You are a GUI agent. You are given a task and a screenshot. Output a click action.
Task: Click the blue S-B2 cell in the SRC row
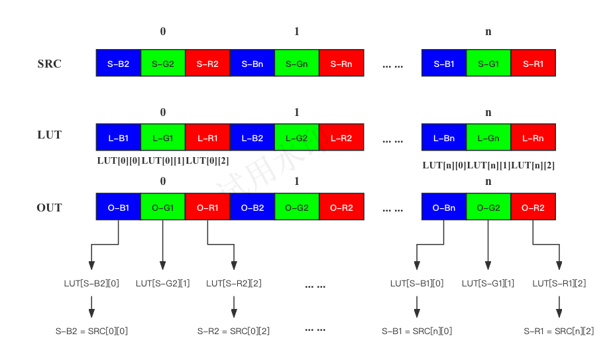118,64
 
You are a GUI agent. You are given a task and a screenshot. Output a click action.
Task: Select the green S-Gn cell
296,64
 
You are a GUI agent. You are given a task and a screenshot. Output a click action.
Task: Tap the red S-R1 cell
533,64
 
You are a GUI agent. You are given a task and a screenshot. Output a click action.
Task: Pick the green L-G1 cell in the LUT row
163,138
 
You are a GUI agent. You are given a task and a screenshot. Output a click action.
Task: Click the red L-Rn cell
533,138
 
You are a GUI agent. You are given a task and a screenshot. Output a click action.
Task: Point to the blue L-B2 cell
252,138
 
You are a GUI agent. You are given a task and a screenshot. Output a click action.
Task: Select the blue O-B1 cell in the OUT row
118,208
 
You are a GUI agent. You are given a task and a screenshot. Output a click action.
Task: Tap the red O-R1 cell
207,208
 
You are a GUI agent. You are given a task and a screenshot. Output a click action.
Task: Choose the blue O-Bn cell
443,208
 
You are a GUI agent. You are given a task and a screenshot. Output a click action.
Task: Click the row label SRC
50,64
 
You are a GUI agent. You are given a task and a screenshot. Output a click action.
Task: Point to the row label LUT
50,135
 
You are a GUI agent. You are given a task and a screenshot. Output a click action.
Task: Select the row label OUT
50,208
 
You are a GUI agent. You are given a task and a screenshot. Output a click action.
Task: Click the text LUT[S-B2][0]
91,284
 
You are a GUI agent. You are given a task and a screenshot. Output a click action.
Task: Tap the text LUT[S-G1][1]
488,284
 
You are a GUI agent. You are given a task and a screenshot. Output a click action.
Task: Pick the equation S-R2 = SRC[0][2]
233,331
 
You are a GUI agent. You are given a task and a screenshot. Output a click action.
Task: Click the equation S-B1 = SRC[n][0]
418,331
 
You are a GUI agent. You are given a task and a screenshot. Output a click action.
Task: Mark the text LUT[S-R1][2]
559,284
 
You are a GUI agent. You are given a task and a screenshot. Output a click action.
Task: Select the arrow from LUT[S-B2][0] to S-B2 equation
91,306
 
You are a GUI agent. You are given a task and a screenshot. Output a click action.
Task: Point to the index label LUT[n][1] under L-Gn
488,166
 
